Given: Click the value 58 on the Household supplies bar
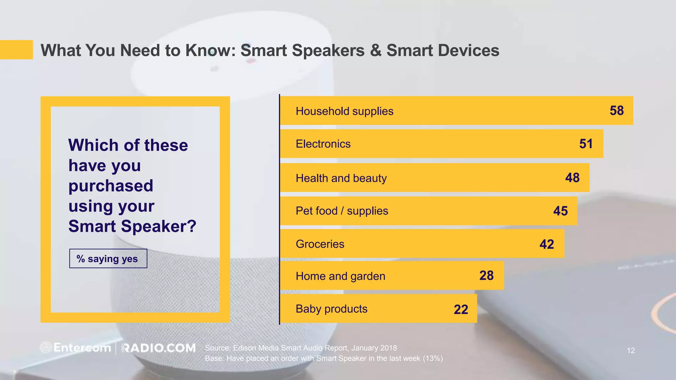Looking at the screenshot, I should coord(617,111).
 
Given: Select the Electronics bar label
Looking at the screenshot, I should coord(323,144).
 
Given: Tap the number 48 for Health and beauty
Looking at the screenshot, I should coord(572,178).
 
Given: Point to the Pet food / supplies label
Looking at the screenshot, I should coord(342,211).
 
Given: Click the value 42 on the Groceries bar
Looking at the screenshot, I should coord(547,244).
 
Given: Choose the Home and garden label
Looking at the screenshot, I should coord(340,276).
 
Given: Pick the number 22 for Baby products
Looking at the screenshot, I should coord(461,309).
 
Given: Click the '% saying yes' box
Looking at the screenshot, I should coord(108,259).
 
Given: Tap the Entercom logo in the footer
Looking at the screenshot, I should coord(76,348).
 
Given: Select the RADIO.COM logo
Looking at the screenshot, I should coord(159,348).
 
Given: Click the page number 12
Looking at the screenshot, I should coord(631,351).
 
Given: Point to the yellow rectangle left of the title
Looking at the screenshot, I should coord(16,50).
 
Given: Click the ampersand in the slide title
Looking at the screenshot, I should coord(375,50).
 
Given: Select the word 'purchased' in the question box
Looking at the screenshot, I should coord(111,186).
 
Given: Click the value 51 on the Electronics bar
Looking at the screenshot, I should coord(586,144).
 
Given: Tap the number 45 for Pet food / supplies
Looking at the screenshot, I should coord(560,211).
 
